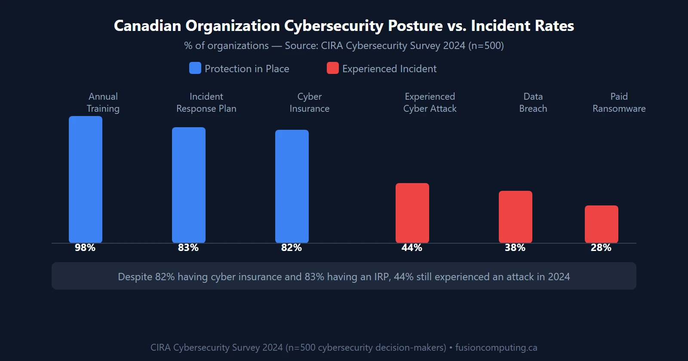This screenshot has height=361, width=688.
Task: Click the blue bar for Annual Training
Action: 86,179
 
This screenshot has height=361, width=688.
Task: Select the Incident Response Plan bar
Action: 189,185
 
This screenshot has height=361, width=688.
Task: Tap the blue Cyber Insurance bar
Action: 292,186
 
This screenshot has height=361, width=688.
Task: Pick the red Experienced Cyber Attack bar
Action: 412,213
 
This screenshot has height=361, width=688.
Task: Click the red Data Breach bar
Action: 516,217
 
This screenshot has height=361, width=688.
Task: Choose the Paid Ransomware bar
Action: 602,224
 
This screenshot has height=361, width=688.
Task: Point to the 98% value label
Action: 85,248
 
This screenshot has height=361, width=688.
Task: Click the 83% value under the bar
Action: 188,248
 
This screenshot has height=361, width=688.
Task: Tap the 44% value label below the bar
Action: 412,248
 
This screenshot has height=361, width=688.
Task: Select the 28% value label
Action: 601,248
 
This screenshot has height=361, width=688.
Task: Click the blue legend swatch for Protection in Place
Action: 195,68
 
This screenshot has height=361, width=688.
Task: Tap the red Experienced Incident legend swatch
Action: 333,68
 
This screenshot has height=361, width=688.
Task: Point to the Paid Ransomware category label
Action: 619,102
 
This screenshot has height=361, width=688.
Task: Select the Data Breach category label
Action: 533,102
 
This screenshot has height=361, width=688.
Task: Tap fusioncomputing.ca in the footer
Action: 496,347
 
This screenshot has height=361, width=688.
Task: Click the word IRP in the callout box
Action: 381,277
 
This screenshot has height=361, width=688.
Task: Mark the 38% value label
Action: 515,248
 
